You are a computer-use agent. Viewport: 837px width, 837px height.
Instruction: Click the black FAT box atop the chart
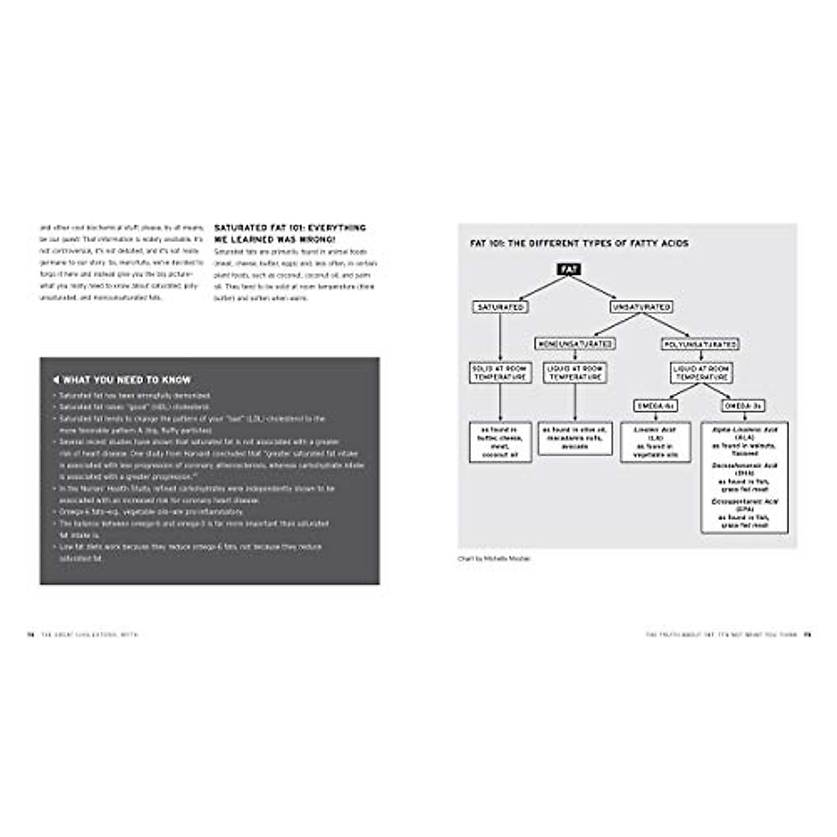pos(568,269)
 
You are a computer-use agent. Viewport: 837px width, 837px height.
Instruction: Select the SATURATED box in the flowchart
pos(500,307)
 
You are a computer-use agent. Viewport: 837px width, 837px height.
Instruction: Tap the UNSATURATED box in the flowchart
pos(641,307)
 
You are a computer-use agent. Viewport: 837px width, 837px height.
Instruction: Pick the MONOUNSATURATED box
pos(575,344)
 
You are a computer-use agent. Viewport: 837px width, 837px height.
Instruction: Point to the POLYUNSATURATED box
pos(700,345)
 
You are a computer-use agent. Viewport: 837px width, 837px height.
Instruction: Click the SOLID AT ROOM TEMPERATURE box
pos(500,372)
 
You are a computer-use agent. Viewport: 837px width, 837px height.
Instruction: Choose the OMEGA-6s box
pos(655,406)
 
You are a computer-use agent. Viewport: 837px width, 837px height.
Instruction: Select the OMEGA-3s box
pos(744,406)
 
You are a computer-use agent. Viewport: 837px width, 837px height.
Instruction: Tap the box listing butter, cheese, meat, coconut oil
pos(501,442)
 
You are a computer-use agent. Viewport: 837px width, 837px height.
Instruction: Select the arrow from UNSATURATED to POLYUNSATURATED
pos(670,326)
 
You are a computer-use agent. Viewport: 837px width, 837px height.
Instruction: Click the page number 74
pos(30,635)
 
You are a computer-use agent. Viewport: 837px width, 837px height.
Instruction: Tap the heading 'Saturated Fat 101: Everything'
pos(289,228)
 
